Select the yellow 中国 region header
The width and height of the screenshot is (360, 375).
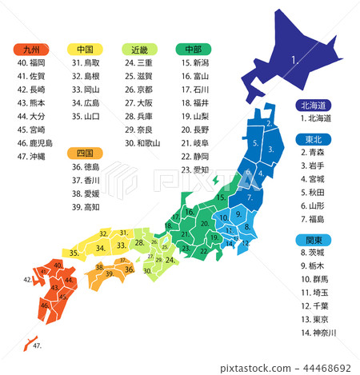coord(84,48)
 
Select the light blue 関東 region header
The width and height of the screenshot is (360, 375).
coord(308,237)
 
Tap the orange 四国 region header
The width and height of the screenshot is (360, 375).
coord(84,153)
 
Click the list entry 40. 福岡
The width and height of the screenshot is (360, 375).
coord(32,62)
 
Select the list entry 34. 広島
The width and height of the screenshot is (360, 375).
coord(86,106)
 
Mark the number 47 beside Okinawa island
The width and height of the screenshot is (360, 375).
coord(38,346)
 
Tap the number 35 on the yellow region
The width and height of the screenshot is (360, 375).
coord(74,253)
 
